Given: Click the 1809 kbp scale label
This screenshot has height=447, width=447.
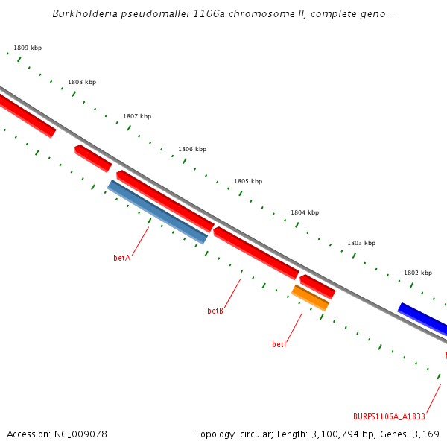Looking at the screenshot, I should click(28, 48).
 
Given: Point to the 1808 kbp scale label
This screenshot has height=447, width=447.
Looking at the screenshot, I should click(82, 82).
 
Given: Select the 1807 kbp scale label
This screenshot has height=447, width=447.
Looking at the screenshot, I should click(137, 116).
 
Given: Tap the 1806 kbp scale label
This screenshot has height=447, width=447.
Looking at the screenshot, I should click(192, 149).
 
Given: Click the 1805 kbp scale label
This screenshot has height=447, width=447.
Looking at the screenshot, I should click(248, 181).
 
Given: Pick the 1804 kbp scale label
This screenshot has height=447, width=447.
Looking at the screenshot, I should click(305, 212).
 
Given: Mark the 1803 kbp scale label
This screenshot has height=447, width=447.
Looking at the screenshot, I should click(361, 243).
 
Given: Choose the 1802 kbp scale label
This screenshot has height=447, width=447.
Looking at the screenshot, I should click(418, 273).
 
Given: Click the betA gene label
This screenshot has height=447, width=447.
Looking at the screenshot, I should click(121, 258).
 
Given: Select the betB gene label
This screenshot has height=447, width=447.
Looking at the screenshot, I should click(215, 311).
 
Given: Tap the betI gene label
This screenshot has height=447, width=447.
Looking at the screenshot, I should click(279, 344).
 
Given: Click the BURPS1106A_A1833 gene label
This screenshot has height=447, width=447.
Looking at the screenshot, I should click(389, 416).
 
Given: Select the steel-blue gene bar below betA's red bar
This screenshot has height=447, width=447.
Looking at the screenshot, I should click(158, 212).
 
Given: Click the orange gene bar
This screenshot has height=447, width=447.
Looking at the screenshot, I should click(311, 297).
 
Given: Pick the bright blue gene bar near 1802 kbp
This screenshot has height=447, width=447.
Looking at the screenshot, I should click(423, 319).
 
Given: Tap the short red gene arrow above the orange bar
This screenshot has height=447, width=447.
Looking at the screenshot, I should click(317, 285).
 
